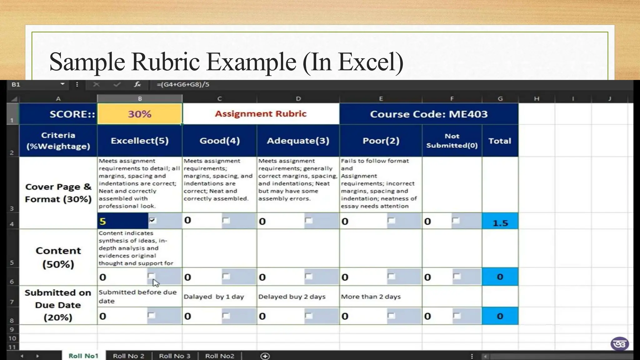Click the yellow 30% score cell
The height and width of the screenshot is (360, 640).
coord(139,114)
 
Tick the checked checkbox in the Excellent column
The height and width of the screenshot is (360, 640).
coord(152,220)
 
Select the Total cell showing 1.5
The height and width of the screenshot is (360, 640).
coord(500,222)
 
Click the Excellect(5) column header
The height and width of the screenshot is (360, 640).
coord(139,141)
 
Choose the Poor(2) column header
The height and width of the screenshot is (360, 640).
coord(381,141)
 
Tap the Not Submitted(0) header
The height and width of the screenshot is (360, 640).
coord(452,141)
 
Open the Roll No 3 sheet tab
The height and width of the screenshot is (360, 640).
coord(174,356)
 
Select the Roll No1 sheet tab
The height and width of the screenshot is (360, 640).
coord(83,356)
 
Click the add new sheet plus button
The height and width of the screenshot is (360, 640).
coord(265,356)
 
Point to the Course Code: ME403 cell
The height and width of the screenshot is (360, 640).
coord(429,114)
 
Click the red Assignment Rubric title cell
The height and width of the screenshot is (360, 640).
coord(261,114)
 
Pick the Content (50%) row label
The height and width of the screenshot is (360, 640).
coord(58,257)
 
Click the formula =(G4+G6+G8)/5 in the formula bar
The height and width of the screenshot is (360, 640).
coord(183,84)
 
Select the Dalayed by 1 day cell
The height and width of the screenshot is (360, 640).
coord(214,297)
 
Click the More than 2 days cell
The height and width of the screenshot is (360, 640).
coord(371,297)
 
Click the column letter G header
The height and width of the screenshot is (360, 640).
coord(500,99)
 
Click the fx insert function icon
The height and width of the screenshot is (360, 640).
coord(137,84)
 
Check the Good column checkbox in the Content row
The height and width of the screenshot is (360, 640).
coord(226,276)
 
